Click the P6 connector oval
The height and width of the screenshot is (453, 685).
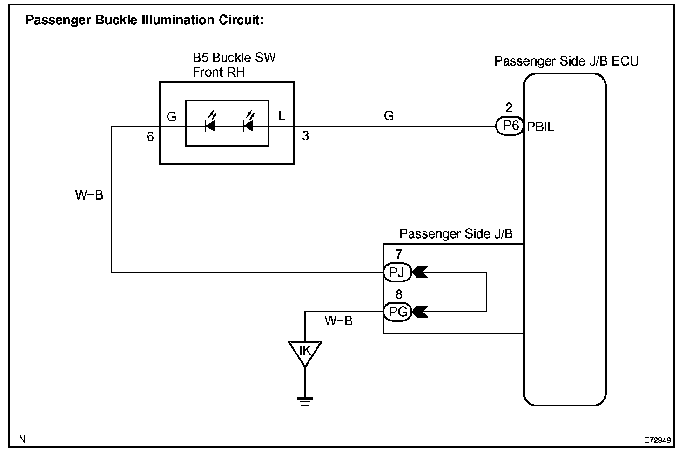pos(510,126)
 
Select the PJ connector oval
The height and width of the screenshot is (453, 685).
pos(397,272)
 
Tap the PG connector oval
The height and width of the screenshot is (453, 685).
pos(397,312)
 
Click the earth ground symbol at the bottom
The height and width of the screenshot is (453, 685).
pos(305,401)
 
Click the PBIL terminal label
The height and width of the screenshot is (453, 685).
pos(541,127)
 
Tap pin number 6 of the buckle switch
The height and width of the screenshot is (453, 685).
pos(150,137)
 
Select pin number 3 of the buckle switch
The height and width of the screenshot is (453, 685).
pos(305,136)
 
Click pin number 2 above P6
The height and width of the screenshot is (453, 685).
pos(509,107)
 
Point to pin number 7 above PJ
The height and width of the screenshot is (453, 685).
pos(399,254)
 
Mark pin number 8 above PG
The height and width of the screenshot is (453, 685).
pos(399,294)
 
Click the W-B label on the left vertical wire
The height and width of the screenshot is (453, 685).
pos(89,195)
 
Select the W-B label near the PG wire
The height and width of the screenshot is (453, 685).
pos(338,320)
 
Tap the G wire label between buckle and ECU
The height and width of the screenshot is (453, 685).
pos(389,116)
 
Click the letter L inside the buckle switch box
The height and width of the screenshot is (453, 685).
pos(282,116)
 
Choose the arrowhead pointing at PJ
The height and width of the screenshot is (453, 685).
pos(420,272)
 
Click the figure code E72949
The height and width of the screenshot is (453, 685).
pos(658,440)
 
